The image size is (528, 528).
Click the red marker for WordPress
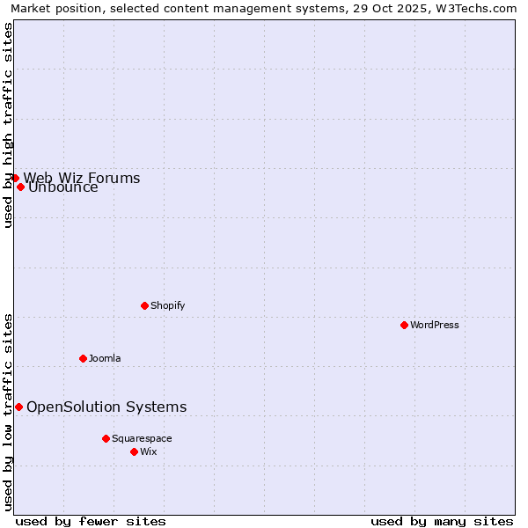(x=404, y=325)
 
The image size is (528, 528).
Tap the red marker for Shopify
(x=144, y=305)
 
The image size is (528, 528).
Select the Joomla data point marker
(x=83, y=358)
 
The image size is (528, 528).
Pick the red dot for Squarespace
(x=106, y=438)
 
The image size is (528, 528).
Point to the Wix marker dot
(x=134, y=451)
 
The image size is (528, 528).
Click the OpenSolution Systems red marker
(x=18, y=407)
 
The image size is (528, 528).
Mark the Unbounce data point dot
(x=20, y=187)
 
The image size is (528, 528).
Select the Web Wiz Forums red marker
(x=15, y=178)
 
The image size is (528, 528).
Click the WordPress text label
(x=435, y=325)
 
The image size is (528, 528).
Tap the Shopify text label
(x=167, y=305)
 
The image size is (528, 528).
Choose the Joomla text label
(x=105, y=358)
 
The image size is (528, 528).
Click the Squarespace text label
(x=142, y=438)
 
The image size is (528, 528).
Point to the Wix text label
(x=148, y=451)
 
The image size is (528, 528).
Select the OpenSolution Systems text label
(x=106, y=407)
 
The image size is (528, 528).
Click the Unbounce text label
(x=63, y=187)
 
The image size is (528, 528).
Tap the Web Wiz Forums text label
(x=82, y=178)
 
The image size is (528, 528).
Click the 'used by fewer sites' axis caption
(x=91, y=521)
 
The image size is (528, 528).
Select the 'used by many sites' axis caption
(x=442, y=521)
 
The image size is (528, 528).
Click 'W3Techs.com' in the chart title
(x=480, y=9)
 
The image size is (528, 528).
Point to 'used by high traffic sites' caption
(x=9, y=125)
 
